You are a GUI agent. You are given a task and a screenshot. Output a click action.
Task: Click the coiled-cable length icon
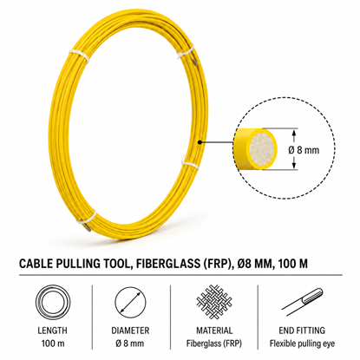click(x=52, y=303)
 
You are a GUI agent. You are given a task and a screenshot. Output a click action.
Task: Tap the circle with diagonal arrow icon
click(x=130, y=303)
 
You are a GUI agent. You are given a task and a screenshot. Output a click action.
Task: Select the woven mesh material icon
click(x=214, y=303)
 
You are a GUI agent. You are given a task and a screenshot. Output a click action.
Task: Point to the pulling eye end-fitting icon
click(x=303, y=302)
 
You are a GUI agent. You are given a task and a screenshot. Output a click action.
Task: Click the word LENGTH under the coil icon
click(x=52, y=331)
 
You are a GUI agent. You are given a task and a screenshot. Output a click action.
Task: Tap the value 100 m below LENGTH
click(x=53, y=344)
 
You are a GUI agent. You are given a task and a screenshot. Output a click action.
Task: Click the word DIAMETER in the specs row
click(x=130, y=331)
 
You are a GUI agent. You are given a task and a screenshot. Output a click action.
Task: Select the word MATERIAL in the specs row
click(x=214, y=331)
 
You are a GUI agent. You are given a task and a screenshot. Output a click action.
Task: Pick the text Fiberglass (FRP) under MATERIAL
click(x=214, y=344)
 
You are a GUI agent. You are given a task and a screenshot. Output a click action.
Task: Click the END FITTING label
click(x=302, y=331)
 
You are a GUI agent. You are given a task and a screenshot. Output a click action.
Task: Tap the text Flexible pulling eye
click(x=302, y=344)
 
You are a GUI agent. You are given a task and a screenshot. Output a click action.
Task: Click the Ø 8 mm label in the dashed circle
click(x=304, y=150)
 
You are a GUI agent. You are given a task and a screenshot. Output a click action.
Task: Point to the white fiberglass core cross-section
click(x=262, y=149)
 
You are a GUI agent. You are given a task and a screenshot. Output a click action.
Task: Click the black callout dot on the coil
click(x=200, y=142)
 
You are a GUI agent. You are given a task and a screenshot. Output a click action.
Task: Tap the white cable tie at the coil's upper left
click(x=79, y=56)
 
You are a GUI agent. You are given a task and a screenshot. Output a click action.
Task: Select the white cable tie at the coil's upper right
click(x=186, y=51)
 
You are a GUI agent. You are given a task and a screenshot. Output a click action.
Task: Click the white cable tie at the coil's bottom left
click(x=86, y=218)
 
